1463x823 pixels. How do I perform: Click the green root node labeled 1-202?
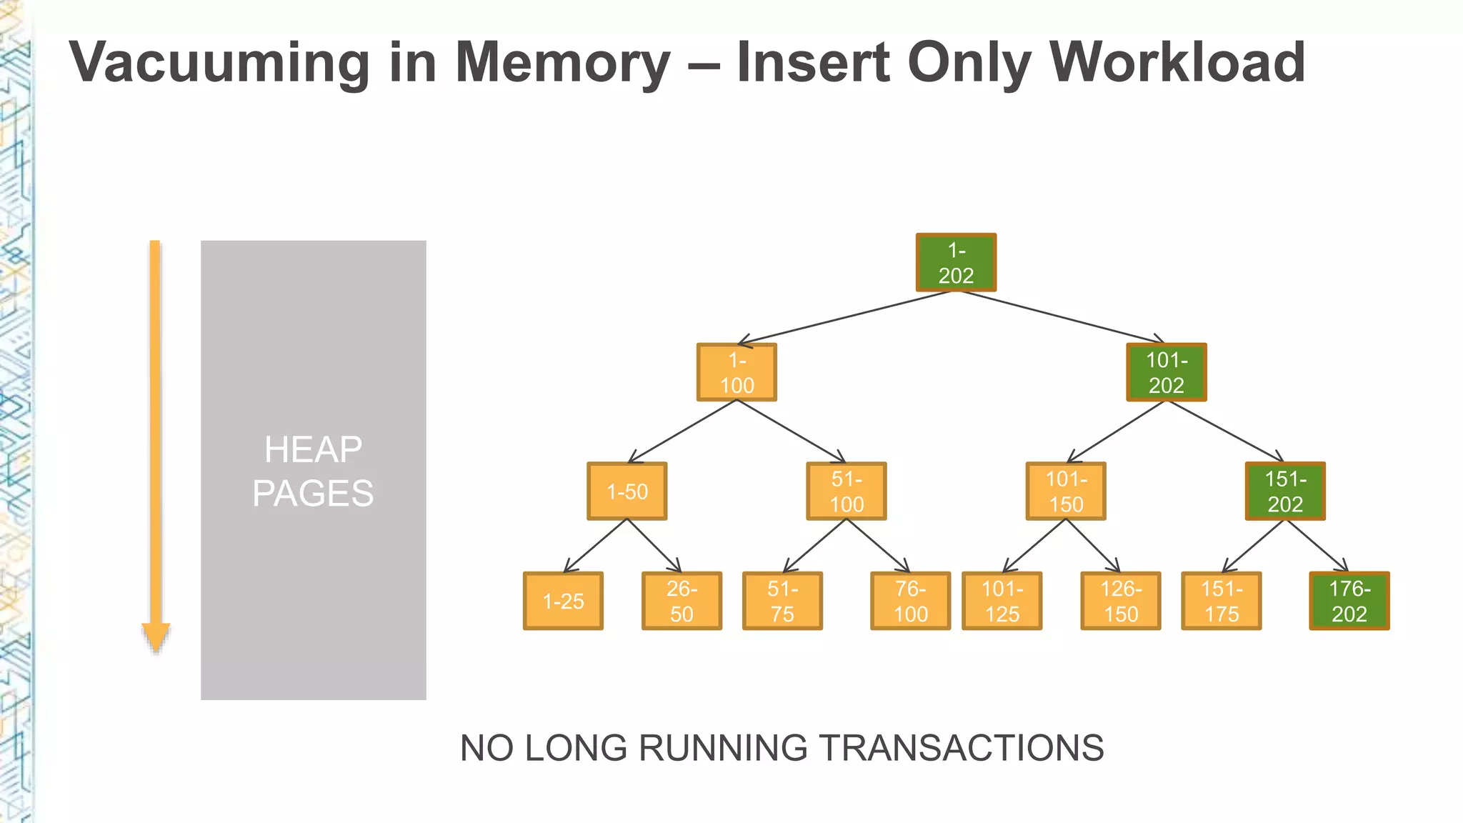point(956,262)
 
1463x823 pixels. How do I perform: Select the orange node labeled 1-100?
point(737,372)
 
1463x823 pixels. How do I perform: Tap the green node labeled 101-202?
point(1167,372)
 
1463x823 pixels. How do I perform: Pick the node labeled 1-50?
point(627,491)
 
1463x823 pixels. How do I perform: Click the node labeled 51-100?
point(847,491)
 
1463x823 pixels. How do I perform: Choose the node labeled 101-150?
point(1066,491)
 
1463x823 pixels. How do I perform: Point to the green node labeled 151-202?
point(1285,491)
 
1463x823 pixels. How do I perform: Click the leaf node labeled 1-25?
point(563,601)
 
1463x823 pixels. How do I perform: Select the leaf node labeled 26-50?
point(681,601)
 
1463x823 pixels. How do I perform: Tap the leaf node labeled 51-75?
point(782,601)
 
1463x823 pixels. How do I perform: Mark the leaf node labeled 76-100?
point(911,601)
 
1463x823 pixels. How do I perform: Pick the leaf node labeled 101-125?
point(1002,601)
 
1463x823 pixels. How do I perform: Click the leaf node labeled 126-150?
point(1121,601)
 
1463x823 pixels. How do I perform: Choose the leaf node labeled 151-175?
point(1222,601)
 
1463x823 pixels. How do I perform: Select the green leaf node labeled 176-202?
point(1349,601)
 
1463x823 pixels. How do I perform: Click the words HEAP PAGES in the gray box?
point(313,472)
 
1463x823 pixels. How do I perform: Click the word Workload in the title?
point(1178,62)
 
